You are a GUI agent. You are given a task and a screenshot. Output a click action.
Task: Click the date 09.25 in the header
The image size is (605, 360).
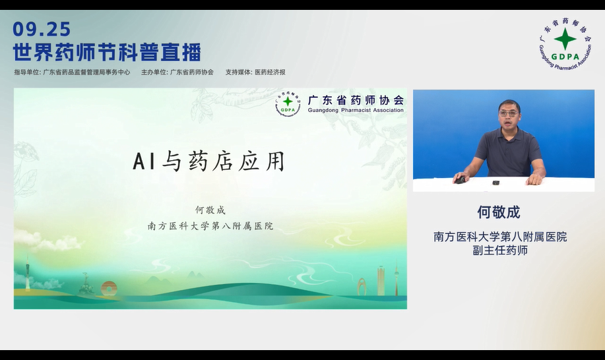(x=42, y=29)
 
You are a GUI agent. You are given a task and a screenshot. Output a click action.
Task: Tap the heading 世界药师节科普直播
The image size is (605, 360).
(x=107, y=52)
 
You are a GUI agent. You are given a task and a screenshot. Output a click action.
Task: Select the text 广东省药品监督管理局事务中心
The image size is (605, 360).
(x=86, y=73)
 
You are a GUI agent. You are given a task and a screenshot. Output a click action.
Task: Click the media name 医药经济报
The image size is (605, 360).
(x=270, y=73)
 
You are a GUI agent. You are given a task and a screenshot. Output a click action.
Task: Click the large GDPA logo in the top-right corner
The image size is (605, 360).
(x=565, y=43)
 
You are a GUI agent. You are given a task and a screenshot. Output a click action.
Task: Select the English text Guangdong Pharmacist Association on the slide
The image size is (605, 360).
(x=356, y=110)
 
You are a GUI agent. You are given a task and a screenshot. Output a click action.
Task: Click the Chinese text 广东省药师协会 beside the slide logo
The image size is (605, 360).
(x=356, y=100)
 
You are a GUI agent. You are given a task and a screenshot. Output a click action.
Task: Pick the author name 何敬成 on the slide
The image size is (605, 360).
(x=210, y=210)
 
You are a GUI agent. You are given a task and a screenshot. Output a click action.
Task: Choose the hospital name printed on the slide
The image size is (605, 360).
(x=210, y=226)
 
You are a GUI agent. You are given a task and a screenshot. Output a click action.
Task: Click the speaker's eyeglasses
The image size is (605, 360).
(x=508, y=114)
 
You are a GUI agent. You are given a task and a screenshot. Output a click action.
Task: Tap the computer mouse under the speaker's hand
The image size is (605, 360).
(x=460, y=179)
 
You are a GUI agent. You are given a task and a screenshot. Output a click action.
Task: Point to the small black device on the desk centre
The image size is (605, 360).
(x=495, y=182)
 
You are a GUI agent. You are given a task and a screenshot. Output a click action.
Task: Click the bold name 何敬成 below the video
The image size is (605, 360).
(x=499, y=212)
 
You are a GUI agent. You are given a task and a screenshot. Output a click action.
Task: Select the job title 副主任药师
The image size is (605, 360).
(x=499, y=251)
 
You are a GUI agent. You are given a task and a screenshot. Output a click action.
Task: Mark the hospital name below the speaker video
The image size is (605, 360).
(x=499, y=237)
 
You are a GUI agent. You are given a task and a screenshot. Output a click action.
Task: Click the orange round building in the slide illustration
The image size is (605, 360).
(x=109, y=287)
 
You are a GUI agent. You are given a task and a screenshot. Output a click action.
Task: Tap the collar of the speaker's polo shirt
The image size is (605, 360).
(x=509, y=131)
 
